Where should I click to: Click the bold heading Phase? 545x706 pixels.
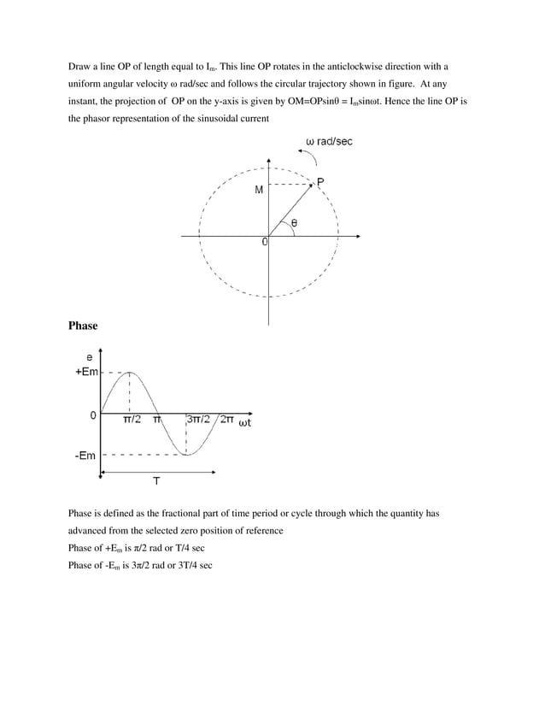point(83,326)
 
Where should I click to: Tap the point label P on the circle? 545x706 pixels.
point(320,181)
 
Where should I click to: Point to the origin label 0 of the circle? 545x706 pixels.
point(265,242)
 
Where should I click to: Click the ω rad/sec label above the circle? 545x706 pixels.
point(329,141)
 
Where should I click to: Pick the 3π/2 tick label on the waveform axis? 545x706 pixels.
point(199,421)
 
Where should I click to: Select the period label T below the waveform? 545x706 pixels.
point(156,481)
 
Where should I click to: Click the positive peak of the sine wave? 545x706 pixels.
point(129,372)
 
